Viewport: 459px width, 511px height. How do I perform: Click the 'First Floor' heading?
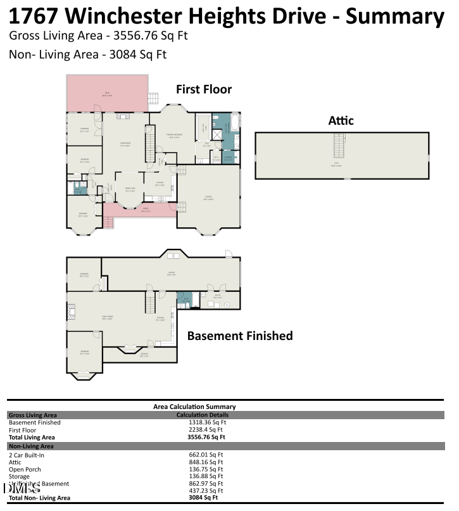tap(204, 89)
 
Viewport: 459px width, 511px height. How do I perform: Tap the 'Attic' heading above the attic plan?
tap(341, 120)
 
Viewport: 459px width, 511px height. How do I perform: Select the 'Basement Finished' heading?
tap(239, 336)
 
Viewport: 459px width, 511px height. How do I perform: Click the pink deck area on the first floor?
tap(107, 94)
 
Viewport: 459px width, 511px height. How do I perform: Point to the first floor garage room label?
tap(208, 198)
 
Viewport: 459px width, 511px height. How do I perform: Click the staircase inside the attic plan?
tap(341, 146)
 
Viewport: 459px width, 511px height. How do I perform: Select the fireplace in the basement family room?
tap(70, 312)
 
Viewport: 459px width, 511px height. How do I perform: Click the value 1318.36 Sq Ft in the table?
tap(207, 422)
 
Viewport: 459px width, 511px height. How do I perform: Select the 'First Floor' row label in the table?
tap(23, 430)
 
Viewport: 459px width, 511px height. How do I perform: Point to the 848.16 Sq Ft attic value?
tap(207, 462)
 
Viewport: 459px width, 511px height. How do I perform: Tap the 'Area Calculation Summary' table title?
tap(194, 407)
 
